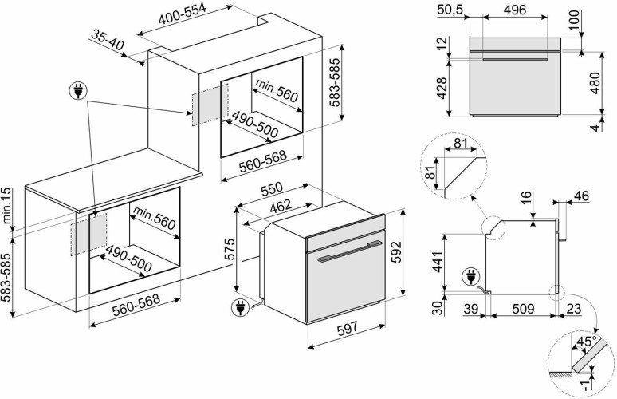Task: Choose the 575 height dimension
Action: coord(227,249)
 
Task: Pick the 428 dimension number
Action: coord(441,85)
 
